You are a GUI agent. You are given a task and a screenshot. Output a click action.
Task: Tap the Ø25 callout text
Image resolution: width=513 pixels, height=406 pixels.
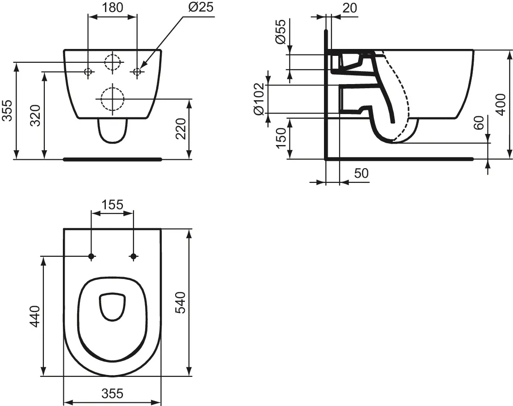(199, 7)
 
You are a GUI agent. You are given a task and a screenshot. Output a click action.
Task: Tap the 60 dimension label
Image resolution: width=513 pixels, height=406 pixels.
(479, 124)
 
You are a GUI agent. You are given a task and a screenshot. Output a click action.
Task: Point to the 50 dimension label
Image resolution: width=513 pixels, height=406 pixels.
(361, 173)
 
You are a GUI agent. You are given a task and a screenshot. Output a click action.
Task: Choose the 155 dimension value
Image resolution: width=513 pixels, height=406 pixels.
(113, 204)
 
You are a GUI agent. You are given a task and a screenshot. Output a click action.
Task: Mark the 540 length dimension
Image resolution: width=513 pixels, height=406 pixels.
(181, 303)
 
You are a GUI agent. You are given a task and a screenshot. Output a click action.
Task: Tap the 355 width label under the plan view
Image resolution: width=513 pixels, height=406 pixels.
(112, 394)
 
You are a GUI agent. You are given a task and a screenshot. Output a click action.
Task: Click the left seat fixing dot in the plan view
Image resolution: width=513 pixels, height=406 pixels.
(92, 256)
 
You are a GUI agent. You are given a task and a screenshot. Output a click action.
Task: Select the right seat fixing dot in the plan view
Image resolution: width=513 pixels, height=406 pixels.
(134, 256)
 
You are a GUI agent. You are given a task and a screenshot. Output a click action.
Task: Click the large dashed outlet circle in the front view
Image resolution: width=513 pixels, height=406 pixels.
(111, 98)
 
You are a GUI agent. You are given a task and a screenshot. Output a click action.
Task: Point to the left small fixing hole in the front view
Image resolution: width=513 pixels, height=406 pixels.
(88, 72)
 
